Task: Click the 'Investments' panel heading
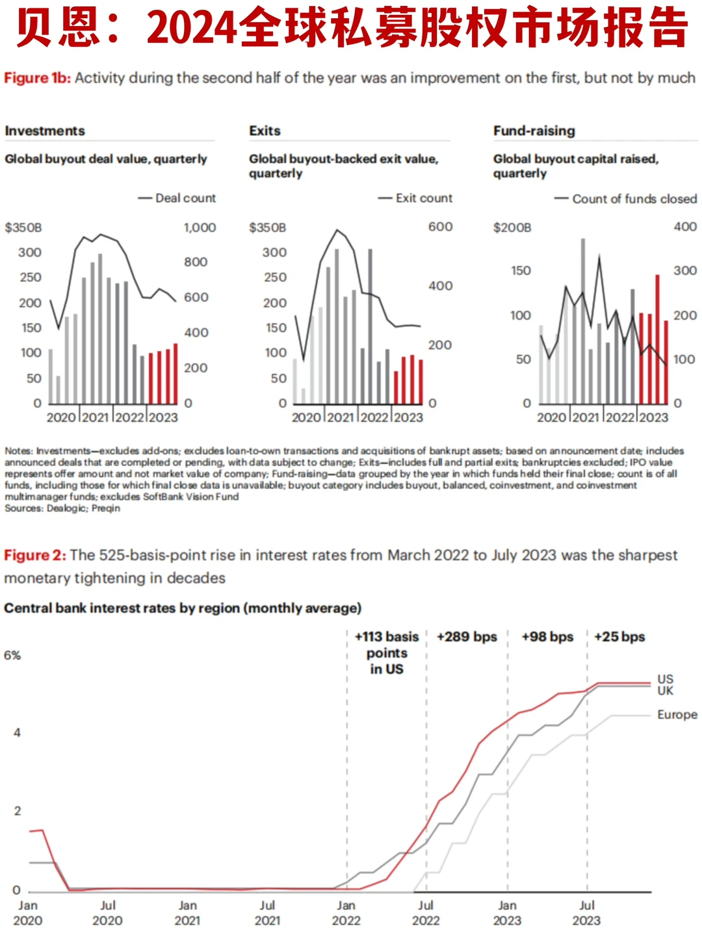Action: pos(45,131)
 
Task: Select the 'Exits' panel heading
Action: pos(265,131)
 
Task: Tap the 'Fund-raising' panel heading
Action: pos(534,131)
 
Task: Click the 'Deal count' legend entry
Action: pos(185,198)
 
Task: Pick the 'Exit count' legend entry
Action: pos(424,198)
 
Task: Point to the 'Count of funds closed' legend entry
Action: pos(634,199)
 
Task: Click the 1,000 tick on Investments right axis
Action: pos(200,227)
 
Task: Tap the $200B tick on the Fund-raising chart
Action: pos(512,227)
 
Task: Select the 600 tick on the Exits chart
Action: pos(440,227)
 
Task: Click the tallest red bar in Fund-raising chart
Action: pos(657,338)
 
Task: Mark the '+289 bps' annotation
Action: pos(467,637)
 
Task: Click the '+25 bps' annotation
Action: pos(619,637)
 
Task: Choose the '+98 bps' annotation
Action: pos(547,637)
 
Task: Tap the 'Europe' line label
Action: pos(677,715)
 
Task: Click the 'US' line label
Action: pos(665,679)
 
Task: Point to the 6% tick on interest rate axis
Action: pos(12,655)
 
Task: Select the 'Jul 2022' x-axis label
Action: pos(426,913)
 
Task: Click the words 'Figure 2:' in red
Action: pos(35,556)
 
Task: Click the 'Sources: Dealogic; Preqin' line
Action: pos(62,508)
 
